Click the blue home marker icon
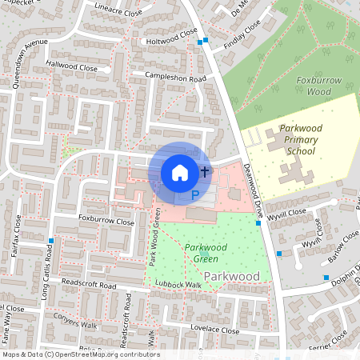[x=180, y=172]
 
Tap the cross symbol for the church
[x=205, y=171]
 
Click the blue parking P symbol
[x=194, y=195]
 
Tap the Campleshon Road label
[x=176, y=78]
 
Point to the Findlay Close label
[x=242, y=37]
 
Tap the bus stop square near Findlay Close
[x=206, y=40]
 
